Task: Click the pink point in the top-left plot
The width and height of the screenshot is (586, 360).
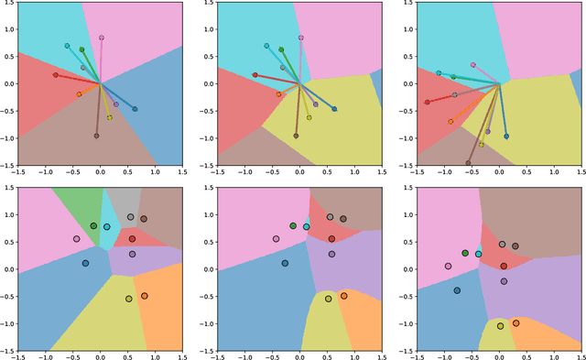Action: pyautogui.click(x=102, y=38)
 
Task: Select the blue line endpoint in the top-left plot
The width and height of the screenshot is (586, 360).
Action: pyautogui.click(x=135, y=109)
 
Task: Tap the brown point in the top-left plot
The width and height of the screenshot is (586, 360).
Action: pyautogui.click(x=96, y=136)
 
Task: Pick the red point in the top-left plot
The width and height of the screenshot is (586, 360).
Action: pyautogui.click(x=55, y=75)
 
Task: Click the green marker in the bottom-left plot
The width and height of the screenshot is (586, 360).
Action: pyautogui.click(x=93, y=225)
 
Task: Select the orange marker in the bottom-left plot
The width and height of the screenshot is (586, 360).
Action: pyautogui.click(x=144, y=296)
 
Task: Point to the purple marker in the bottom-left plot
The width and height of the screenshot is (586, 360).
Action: pyautogui.click(x=132, y=254)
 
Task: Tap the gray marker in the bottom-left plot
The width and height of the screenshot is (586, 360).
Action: pyautogui.click(x=131, y=217)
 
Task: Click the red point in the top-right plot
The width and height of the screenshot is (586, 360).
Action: pyautogui.click(x=428, y=102)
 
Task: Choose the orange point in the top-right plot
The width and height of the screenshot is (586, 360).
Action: pyautogui.click(x=450, y=121)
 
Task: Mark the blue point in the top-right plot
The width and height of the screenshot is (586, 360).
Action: pyautogui.click(x=506, y=136)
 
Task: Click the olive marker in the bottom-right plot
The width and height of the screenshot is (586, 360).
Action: pyautogui.click(x=500, y=326)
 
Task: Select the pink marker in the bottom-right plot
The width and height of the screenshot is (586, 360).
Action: pyautogui.click(x=448, y=267)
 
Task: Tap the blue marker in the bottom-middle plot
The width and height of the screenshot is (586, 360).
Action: pyautogui.click(x=285, y=263)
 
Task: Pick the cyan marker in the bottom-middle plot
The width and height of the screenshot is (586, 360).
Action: pyautogui.click(x=306, y=226)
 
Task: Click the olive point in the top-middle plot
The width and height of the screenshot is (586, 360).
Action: pyautogui.click(x=309, y=117)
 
